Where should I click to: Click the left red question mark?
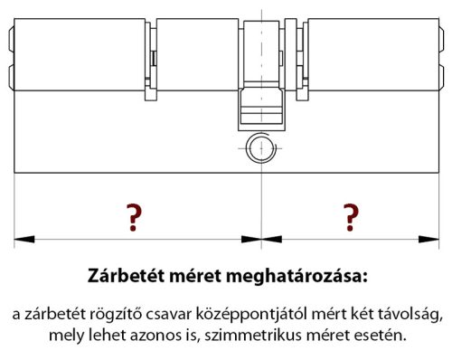coord(134,217)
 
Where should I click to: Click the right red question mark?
coord(350,217)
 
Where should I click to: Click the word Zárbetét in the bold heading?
coord(126,274)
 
